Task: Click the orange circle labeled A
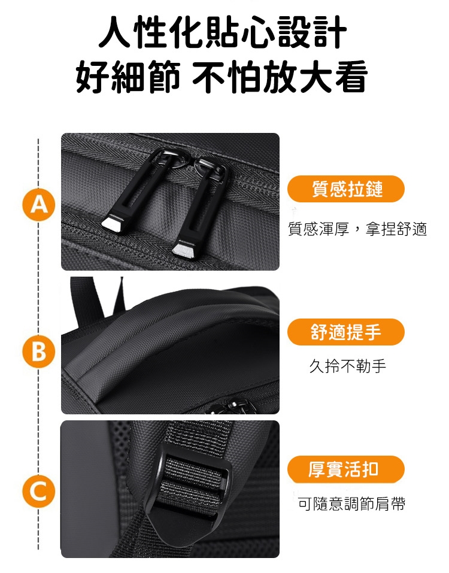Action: [x=39, y=205]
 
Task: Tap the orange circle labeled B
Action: [x=39, y=352]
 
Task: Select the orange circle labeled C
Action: [x=39, y=492]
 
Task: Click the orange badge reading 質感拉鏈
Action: [x=346, y=189]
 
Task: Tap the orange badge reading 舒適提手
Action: [x=346, y=332]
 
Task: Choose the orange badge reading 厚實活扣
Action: [x=346, y=469]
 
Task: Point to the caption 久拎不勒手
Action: [x=347, y=366]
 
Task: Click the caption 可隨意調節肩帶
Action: [x=351, y=504]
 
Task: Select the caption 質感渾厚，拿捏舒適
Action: [x=357, y=229]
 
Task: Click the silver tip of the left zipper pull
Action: [x=113, y=224]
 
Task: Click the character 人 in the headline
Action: [x=116, y=32]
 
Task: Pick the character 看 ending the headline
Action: [x=351, y=76]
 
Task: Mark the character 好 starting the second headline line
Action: [x=93, y=76]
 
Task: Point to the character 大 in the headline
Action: [x=315, y=76]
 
